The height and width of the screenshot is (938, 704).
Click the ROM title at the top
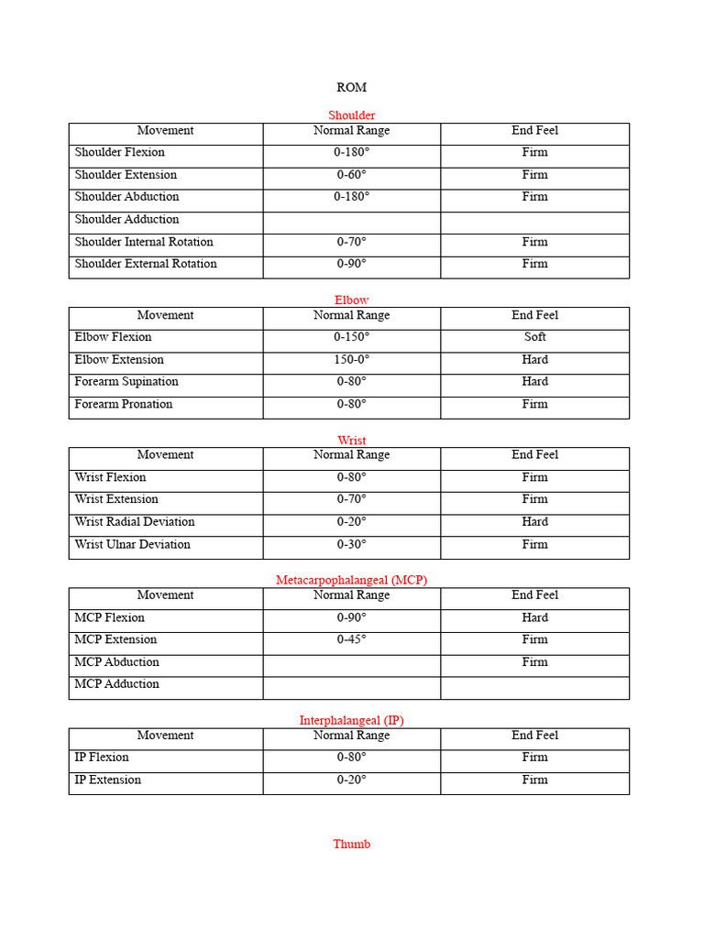351,87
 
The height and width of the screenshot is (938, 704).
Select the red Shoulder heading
351,115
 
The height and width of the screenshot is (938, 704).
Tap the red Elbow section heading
351,300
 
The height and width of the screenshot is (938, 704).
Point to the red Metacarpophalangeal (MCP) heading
351,580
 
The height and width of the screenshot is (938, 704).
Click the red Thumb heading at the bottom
351,844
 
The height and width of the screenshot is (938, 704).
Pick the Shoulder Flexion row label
119,153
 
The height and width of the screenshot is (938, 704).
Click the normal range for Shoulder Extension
351,175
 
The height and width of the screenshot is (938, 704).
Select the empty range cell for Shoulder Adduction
351,220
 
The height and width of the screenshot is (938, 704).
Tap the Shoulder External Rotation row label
146,264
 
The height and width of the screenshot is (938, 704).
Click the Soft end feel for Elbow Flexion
534,337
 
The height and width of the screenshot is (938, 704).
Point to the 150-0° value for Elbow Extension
351,360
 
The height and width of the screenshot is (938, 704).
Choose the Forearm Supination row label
126,382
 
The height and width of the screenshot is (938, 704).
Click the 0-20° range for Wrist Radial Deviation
351,522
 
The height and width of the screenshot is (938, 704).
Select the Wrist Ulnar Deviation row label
132,544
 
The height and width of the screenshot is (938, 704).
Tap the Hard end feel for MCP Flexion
534,617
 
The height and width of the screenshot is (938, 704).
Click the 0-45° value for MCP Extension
351,639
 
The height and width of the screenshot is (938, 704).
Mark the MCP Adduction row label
116,684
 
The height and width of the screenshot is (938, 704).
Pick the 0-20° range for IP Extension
351,780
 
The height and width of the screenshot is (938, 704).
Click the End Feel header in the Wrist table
534,455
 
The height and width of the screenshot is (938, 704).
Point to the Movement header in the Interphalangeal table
165,736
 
